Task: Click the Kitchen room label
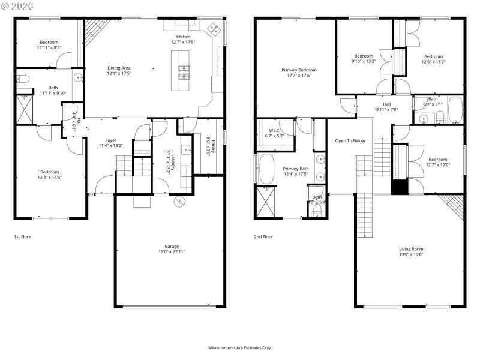coord(182,37)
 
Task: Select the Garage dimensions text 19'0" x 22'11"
coord(172,252)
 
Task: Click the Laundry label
coord(172,162)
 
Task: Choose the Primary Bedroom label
coord(299,70)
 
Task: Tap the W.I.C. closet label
coord(274,130)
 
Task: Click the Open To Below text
coord(350,140)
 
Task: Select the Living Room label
coord(411,248)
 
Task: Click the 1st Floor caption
coord(22,237)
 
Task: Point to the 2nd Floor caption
coord(263,237)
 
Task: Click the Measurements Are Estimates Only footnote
coord(239,348)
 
